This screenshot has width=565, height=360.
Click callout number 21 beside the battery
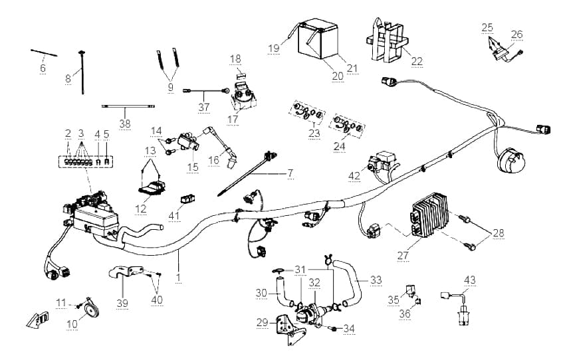(352, 68)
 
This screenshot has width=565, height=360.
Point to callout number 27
(403, 256)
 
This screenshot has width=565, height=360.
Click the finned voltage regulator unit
(429, 215)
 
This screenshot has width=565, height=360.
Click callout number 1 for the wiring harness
(178, 277)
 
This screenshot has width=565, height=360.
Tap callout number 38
(125, 124)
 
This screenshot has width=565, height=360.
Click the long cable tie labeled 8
(83, 72)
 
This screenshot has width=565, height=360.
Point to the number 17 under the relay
(233, 119)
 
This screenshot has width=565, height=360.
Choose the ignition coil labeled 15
(188, 142)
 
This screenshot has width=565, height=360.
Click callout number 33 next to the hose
(376, 280)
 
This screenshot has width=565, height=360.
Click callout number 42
(354, 175)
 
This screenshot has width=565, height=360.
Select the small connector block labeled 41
(187, 199)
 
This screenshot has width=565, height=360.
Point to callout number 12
(141, 209)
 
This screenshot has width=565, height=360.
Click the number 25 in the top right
(487, 27)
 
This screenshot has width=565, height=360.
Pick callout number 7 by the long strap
(290, 173)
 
